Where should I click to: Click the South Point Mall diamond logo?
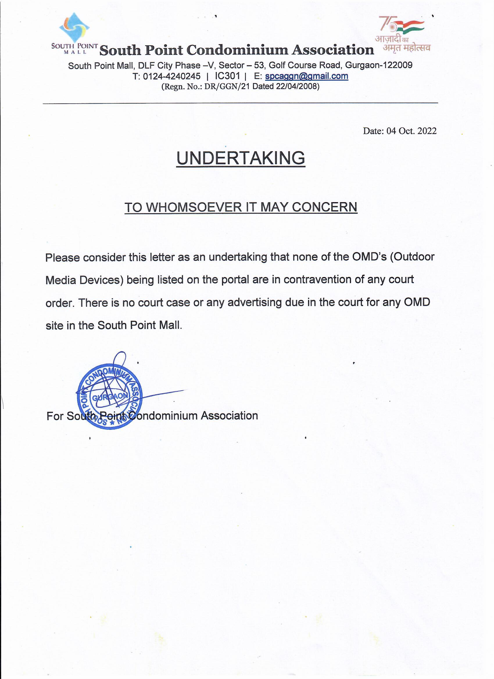coord(75,28)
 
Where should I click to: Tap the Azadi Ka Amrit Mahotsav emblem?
coord(402,33)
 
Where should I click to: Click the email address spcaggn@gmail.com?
coord(307,76)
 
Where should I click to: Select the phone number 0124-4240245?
coord(172,76)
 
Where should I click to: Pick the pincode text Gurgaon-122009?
coord(379,65)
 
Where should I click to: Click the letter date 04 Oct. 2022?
coord(411,131)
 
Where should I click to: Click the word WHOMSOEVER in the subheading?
coord(196,207)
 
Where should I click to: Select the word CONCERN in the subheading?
coord(324,207)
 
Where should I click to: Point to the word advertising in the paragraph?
coord(255,302)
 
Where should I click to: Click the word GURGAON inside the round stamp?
coord(110,397)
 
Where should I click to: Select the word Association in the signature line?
coord(229,416)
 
